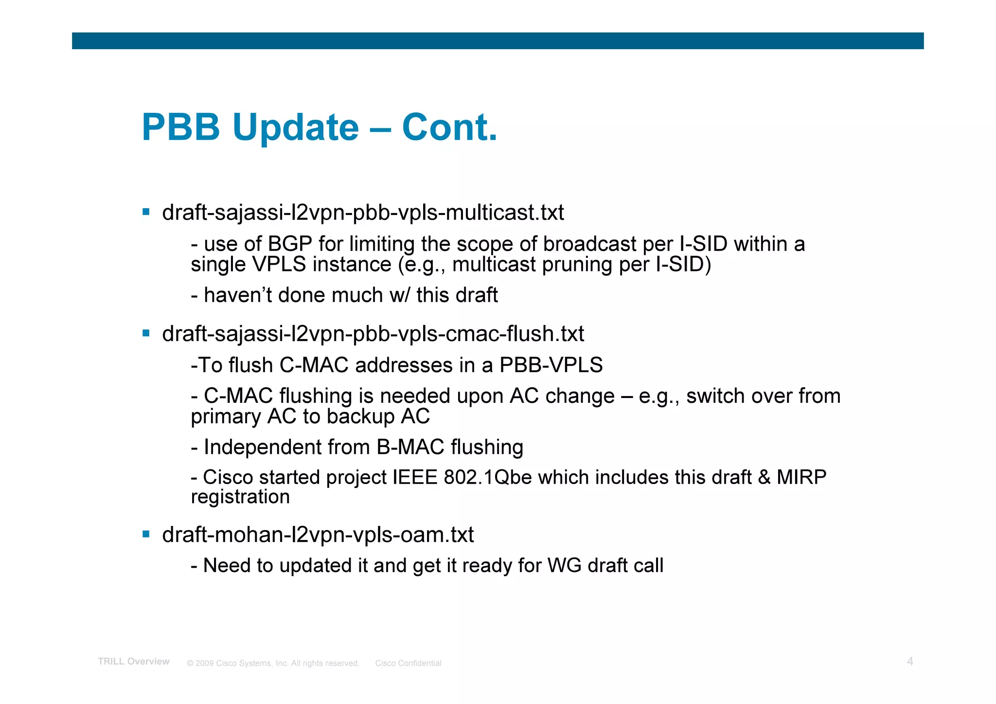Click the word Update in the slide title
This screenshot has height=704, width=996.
(295, 127)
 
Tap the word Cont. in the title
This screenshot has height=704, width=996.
(449, 127)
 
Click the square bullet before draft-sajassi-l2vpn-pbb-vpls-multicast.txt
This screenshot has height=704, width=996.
(146, 212)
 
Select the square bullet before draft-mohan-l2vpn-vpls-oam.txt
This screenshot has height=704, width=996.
(146, 534)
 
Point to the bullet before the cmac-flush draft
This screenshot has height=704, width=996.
(146, 333)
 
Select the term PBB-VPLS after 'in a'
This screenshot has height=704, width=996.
(551, 365)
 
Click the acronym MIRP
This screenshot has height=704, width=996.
(801, 477)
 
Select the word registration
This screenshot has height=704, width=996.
(240, 497)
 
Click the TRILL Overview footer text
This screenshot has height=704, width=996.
(134, 661)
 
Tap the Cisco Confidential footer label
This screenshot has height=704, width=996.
(408, 663)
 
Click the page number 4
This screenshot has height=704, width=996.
(910, 661)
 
